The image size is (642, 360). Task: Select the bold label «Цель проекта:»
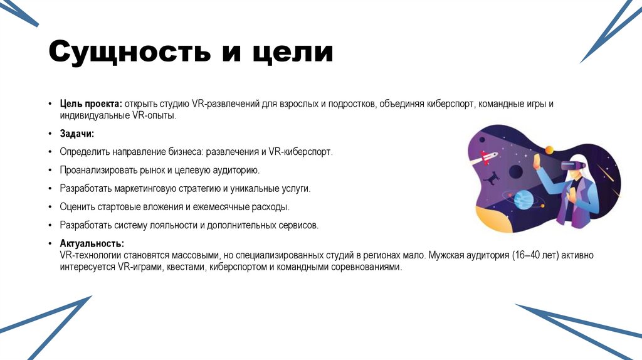(x=91, y=103)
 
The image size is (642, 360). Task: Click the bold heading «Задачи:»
(x=77, y=134)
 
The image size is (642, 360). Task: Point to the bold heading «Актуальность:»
(x=92, y=243)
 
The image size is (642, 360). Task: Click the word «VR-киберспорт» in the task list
(x=300, y=152)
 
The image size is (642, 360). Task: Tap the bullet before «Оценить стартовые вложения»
(x=50, y=206)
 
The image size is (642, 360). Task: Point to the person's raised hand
(x=538, y=162)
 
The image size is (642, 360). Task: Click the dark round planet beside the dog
(x=516, y=170)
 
